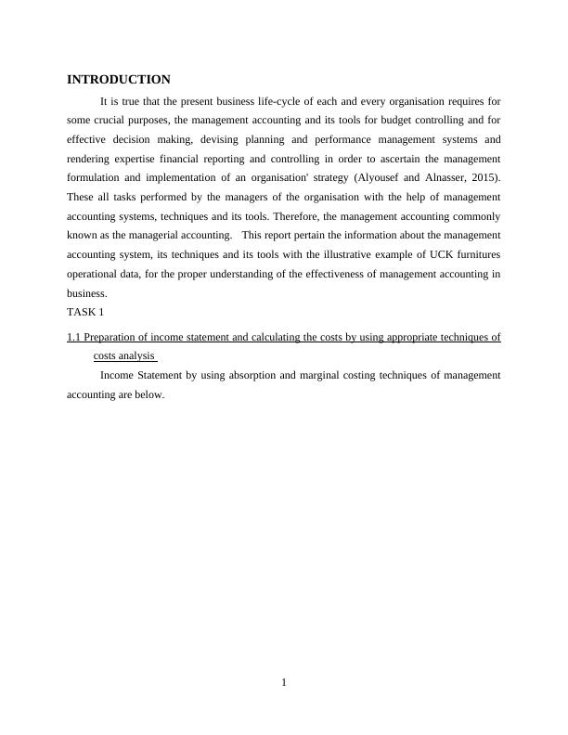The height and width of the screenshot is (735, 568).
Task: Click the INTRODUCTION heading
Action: click(x=119, y=80)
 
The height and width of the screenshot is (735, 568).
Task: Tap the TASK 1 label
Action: click(x=85, y=312)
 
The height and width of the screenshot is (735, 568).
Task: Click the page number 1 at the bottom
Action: click(x=284, y=683)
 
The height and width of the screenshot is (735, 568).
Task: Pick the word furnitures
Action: click(x=477, y=254)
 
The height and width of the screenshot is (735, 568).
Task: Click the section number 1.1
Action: click(x=74, y=337)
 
